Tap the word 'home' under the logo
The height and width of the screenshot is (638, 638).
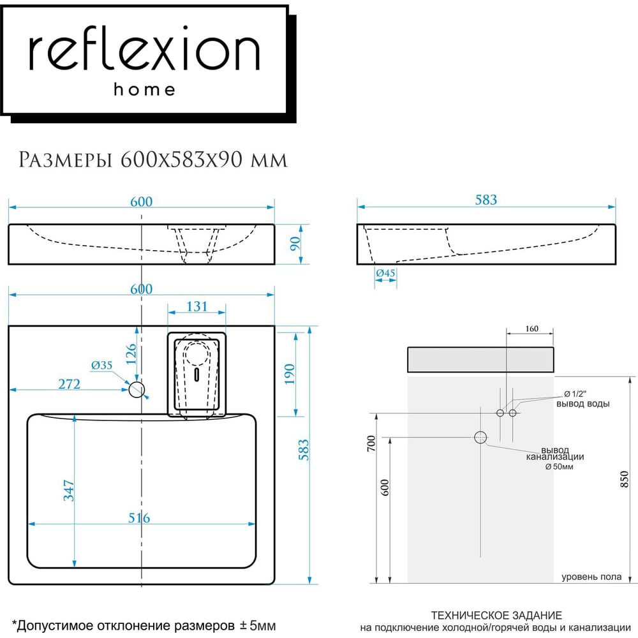pyautogui.click(x=144, y=89)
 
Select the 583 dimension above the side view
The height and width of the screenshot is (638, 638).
pyautogui.click(x=486, y=199)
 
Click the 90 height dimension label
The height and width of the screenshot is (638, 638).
pyautogui.click(x=295, y=243)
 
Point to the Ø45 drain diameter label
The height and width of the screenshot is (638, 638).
pyautogui.click(x=385, y=272)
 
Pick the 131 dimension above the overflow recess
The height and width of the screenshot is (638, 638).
pyautogui.click(x=197, y=306)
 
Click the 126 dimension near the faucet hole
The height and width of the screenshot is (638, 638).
pyautogui.click(x=131, y=354)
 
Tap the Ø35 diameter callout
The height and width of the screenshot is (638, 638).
pyautogui.click(x=101, y=365)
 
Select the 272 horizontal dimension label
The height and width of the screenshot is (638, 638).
pyautogui.click(x=69, y=383)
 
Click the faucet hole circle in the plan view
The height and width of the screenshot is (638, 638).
pyautogui.click(x=137, y=389)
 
